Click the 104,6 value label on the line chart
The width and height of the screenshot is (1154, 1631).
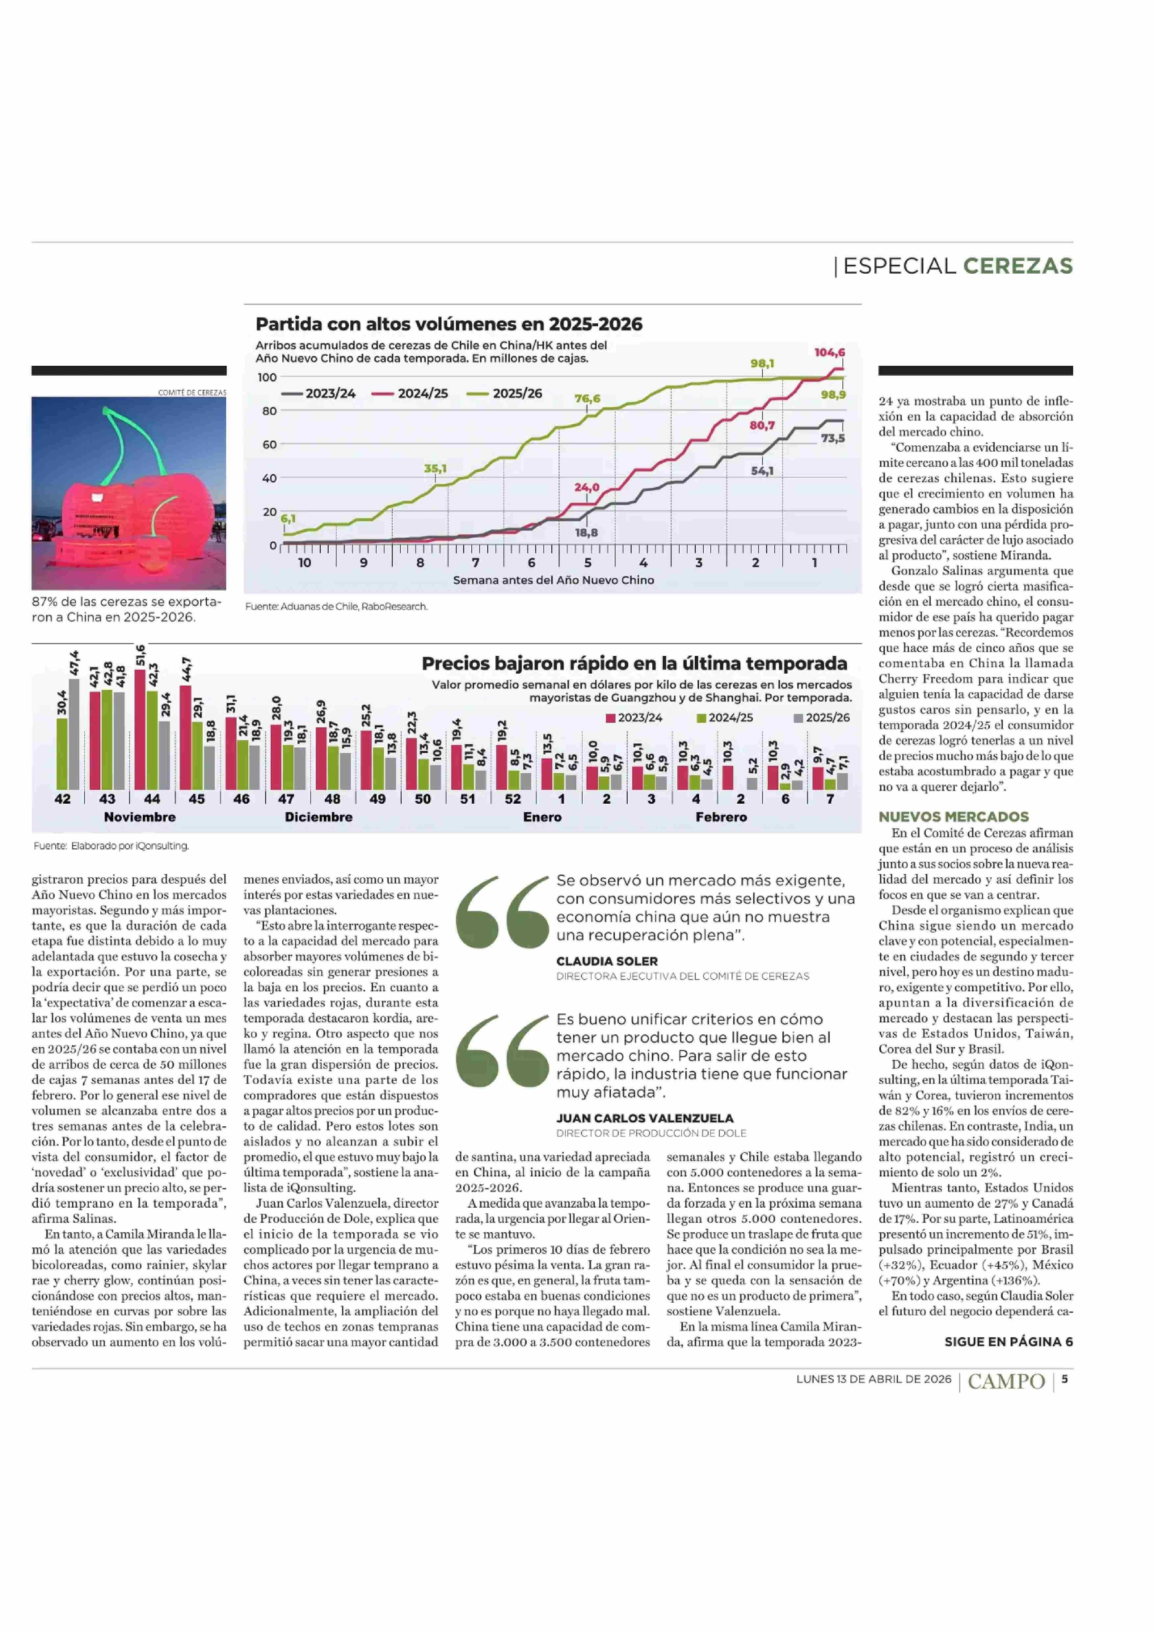coord(829,353)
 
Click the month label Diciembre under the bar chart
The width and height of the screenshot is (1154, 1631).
coord(318,817)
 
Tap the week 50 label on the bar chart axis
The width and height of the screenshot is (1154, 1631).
coord(423,799)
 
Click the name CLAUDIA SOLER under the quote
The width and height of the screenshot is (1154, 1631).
coord(607,961)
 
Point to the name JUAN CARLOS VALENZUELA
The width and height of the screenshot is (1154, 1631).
coord(644,1118)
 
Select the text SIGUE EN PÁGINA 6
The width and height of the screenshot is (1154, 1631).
coord(1008,1341)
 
